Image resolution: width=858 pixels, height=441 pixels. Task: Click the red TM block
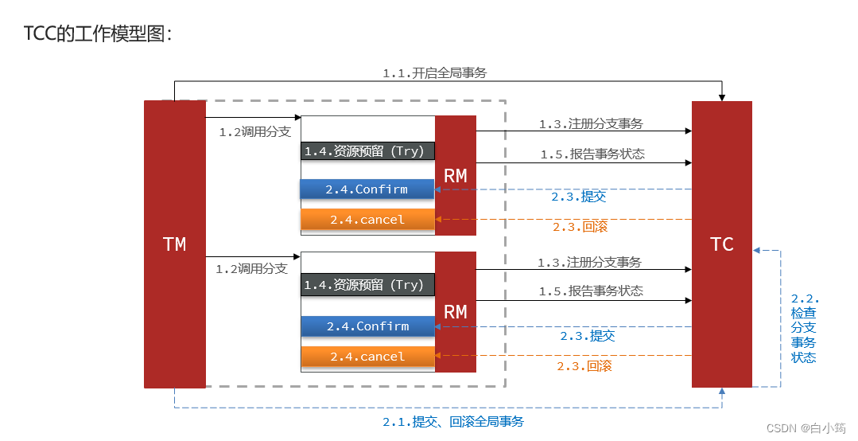coord(174,244)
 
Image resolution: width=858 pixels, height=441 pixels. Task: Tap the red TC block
coord(721,244)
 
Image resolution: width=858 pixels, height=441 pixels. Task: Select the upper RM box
coord(456,176)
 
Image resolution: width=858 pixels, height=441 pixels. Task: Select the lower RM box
coord(456,312)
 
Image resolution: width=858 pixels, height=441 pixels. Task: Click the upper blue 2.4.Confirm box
coord(367,189)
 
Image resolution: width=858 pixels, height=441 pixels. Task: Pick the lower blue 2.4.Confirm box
coord(367,326)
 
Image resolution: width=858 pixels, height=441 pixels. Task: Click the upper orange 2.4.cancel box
coord(367,220)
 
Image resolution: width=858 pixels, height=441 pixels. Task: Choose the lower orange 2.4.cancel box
coord(367,357)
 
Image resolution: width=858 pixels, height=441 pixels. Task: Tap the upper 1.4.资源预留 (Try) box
coord(367,151)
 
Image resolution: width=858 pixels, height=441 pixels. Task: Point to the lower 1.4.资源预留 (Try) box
coord(367,285)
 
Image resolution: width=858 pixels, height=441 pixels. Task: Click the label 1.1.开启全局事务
coord(434,73)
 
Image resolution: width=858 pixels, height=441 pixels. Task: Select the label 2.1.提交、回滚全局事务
coord(453,422)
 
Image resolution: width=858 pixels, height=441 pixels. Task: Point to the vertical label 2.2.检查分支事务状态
coord(804,328)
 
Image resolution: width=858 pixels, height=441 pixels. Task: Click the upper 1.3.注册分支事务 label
coord(591,124)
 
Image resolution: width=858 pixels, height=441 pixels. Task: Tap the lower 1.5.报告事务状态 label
coord(591,291)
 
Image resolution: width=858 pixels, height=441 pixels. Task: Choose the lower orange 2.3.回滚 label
coord(584,366)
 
